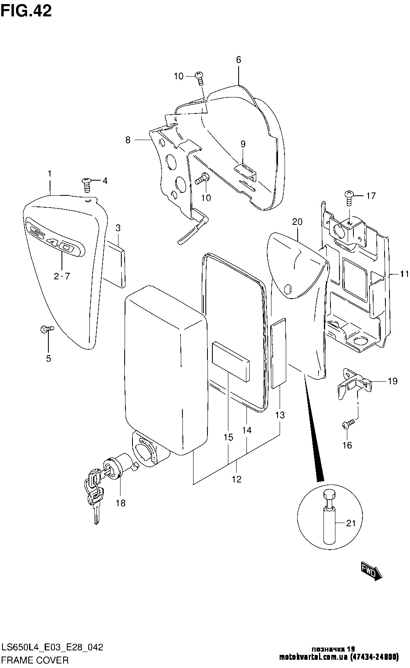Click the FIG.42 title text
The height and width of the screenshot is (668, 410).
click(x=26, y=11)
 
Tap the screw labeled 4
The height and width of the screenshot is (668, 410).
click(x=87, y=184)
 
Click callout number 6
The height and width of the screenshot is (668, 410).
click(x=238, y=60)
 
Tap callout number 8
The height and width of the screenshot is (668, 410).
click(x=128, y=140)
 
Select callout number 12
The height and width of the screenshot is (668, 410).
click(x=237, y=479)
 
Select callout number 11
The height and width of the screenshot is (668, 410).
click(x=404, y=274)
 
